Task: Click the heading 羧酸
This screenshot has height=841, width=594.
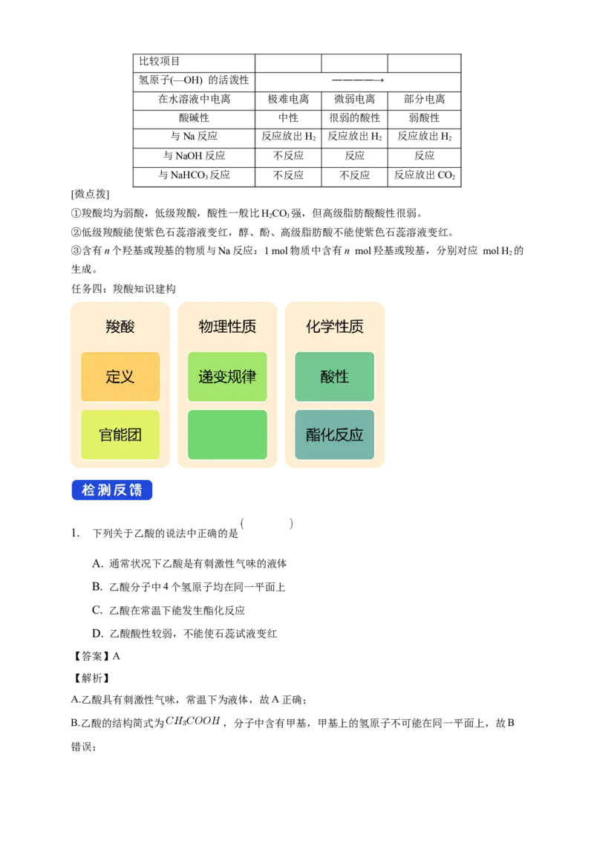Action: (120, 327)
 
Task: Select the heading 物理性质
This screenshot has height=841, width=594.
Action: (227, 327)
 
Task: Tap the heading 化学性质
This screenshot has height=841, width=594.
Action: (335, 327)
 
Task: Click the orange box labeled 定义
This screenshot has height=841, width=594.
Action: (120, 377)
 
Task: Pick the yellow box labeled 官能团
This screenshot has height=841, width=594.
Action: (120, 435)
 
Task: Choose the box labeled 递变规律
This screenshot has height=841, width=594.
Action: (227, 377)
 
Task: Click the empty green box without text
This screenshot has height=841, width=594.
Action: (227, 435)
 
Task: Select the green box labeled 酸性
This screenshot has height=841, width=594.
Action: (335, 377)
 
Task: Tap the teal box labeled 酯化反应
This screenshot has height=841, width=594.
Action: (335, 435)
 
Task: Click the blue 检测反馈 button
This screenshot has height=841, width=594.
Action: (113, 490)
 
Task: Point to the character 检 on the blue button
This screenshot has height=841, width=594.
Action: (88, 490)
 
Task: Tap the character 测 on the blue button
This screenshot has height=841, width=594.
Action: (105, 490)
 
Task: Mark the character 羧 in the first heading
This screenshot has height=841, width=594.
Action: (113, 327)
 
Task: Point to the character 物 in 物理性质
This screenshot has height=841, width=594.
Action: (206, 327)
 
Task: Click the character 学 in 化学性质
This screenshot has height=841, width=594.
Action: (327, 327)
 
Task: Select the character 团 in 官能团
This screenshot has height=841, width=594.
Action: (134, 435)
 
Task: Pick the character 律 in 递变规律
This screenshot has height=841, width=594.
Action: (249, 377)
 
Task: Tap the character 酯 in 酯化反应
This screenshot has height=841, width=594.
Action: (313, 435)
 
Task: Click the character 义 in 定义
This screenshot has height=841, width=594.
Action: (128, 377)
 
